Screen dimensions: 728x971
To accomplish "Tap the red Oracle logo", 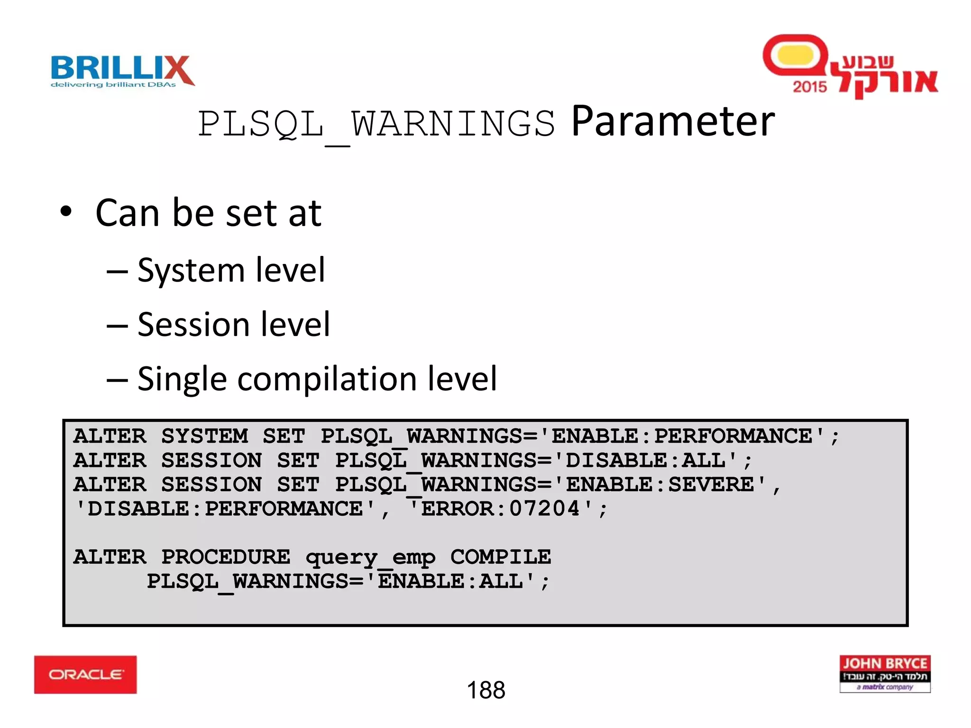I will click(85, 674).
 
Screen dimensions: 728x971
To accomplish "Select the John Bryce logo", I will click(885, 673).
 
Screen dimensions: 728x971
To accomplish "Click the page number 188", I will click(486, 690).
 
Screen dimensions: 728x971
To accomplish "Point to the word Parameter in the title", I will click(673, 122).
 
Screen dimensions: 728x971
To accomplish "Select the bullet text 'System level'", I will click(231, 270).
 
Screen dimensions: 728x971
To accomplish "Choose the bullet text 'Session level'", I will click(233, 325).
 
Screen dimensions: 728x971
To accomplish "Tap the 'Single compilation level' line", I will click(317, 379).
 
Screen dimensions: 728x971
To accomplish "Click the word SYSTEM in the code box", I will click(205, 436).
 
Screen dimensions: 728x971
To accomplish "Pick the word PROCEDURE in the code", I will click(226, 557).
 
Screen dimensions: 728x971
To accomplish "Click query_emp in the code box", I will click(370, 557).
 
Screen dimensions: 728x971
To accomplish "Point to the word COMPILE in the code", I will click(501, 557).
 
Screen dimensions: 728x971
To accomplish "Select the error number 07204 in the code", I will click(544, 509).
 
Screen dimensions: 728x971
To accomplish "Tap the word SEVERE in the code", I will click(711, 484).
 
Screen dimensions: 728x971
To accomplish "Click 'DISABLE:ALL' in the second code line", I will click(645, 460).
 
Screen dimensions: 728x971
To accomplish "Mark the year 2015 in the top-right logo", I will click(809, 87).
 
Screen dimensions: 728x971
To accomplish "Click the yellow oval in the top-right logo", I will click(796, 55).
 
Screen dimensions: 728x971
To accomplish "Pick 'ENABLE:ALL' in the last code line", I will click(450, 581).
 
